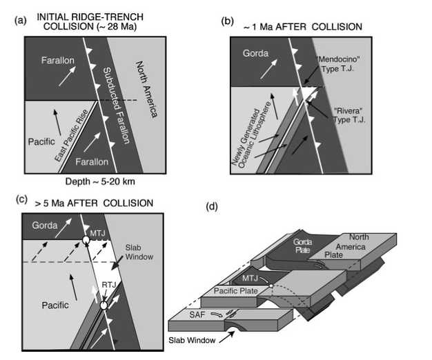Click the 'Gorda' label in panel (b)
point(255,54)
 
